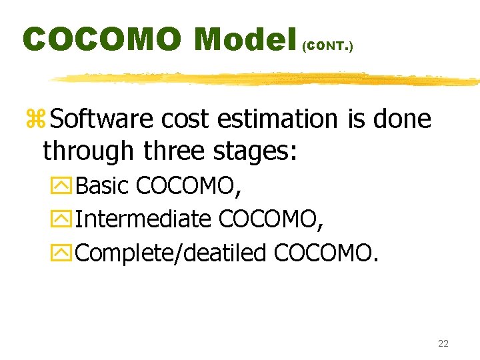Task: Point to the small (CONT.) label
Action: pyautogui.click(x=327, y=47)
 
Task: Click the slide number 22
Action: pyautogui.click(x=443, y=343)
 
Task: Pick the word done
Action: pyautogui.click(x=403, y=120)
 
